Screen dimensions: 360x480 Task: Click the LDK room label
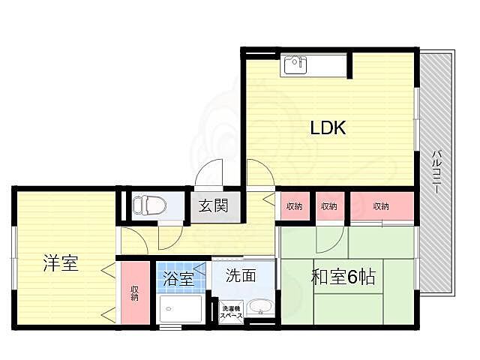point(328,128)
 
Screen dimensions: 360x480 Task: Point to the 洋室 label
point(60,263)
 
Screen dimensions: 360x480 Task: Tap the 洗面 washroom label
point(241,275)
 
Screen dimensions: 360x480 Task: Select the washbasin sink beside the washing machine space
point(259,308)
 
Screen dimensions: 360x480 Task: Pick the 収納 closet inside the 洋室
point(136,292)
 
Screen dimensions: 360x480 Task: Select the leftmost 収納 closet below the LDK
point(294,205)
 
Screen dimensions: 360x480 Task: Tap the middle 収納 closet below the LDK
point(328,205)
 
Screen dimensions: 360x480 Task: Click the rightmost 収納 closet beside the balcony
point(382,205)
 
